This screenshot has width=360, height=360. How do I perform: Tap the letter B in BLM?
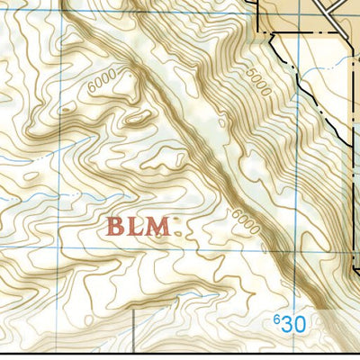(x=116, y=226)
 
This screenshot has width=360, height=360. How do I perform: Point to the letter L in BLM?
(x=136, y=226)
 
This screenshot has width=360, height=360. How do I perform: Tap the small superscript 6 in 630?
(x=276, y=318)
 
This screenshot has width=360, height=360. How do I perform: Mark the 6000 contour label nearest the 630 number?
(x=245, y=221)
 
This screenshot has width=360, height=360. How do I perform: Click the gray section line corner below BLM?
(x=132, y=311)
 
